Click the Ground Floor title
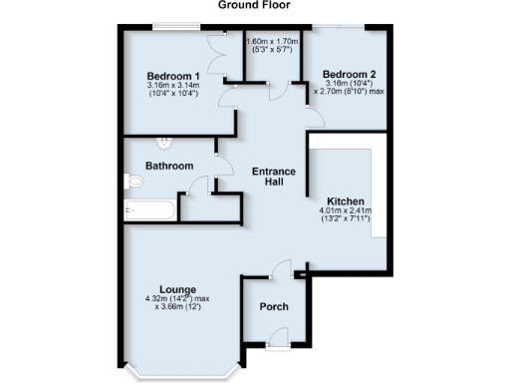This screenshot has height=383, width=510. [254, 5]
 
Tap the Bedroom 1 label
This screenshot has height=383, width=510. [174, 77]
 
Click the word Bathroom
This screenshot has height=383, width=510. [168, 166]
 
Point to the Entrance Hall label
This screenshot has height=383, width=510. [273, 178]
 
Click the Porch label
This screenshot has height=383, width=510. [273, 307]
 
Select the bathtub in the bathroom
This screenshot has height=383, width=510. [149, 210]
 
